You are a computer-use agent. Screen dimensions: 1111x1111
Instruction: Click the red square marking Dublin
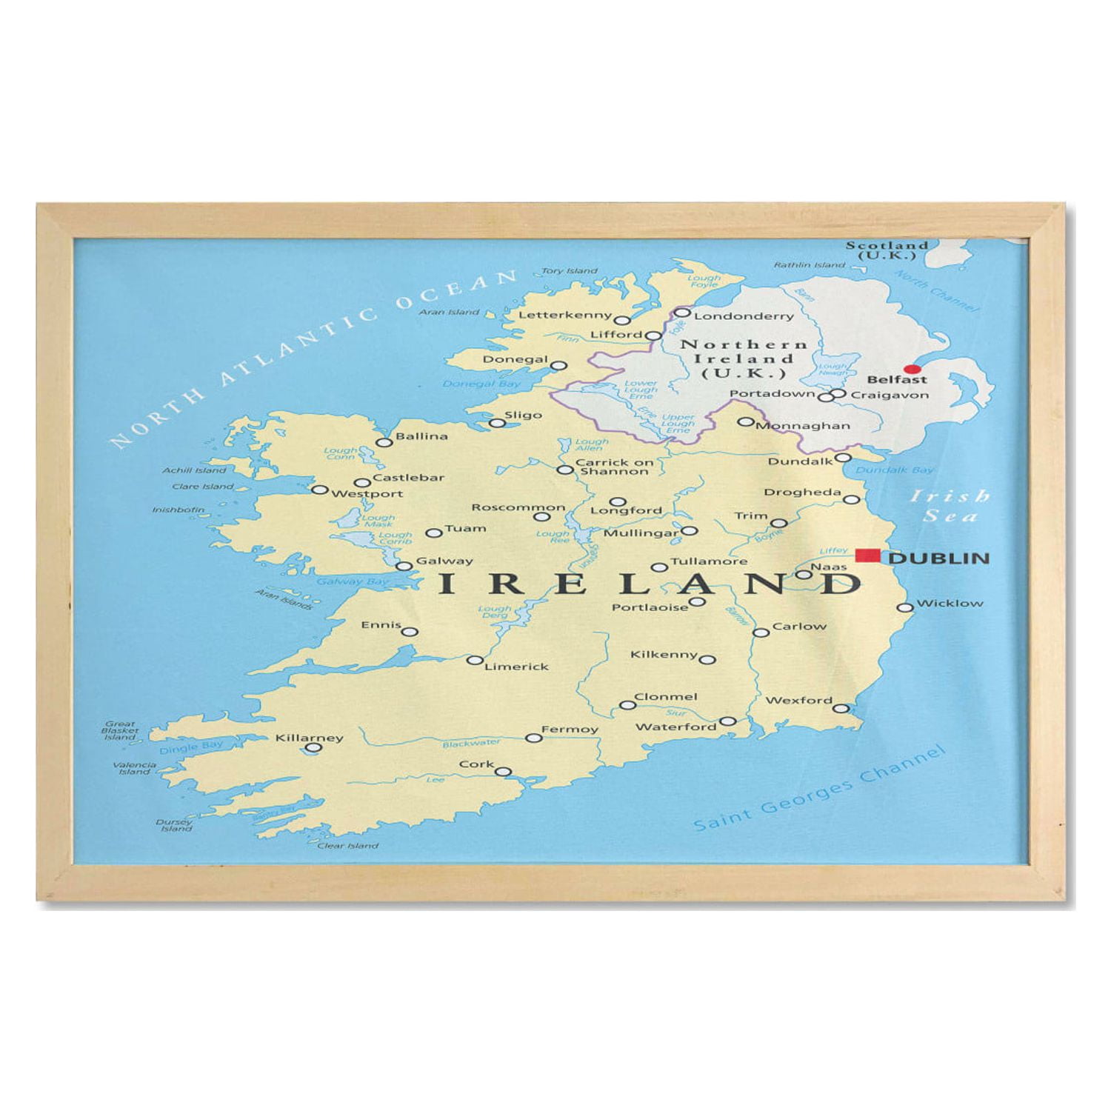867,555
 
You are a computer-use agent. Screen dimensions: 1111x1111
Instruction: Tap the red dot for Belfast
913,369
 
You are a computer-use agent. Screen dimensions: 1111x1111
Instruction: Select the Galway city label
444,561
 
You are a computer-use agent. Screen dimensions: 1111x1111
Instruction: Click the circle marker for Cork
503,772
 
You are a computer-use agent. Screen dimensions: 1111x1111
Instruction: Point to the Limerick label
516,667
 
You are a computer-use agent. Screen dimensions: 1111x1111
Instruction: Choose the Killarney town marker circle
313,748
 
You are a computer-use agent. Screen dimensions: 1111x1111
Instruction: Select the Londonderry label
744,316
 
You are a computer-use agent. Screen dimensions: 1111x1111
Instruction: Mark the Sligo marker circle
498,424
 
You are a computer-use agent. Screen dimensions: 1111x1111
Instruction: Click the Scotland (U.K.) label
887,250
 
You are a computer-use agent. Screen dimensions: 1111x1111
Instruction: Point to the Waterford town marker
728,721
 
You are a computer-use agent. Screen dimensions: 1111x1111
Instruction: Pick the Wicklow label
950,603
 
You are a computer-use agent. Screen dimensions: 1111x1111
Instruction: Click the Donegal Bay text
481,384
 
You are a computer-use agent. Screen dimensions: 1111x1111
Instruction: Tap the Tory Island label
569,271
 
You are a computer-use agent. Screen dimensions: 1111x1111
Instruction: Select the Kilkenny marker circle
707,659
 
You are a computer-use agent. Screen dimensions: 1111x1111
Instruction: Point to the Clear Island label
347,845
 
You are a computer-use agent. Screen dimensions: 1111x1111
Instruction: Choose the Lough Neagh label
833,370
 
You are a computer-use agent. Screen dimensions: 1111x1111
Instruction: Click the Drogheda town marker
852,500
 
